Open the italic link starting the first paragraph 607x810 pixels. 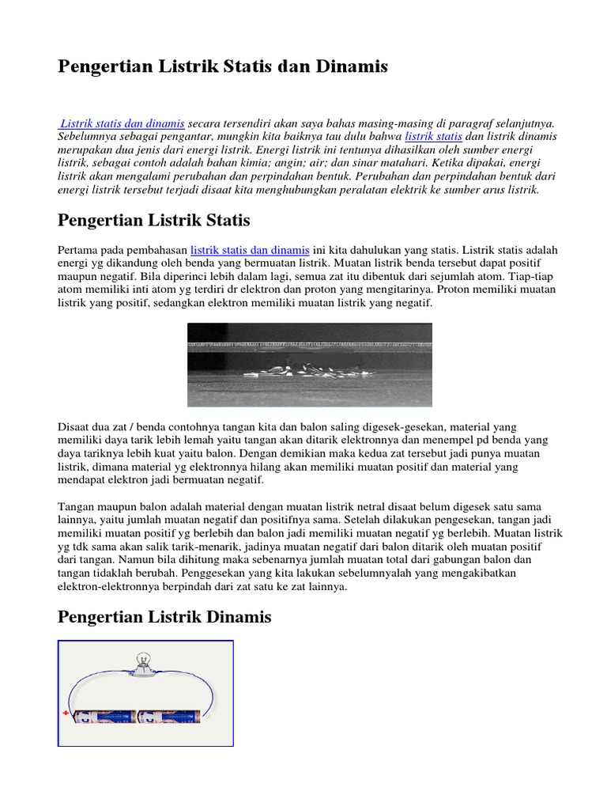click(123, 123)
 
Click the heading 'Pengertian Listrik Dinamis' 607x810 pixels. click(164, 617)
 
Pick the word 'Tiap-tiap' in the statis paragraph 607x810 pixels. click(533, 276)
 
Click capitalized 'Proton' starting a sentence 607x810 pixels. click(443, 290)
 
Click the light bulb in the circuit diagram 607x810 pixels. click(145, 662)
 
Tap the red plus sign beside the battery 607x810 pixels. click(65, 713)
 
